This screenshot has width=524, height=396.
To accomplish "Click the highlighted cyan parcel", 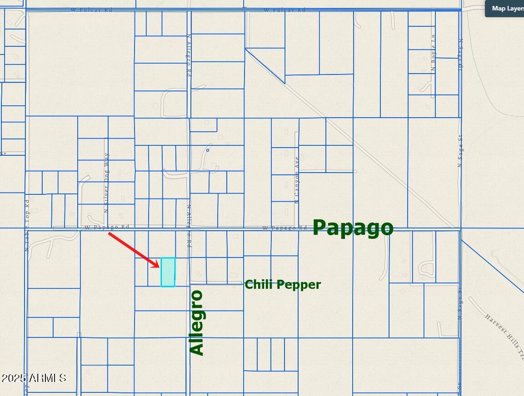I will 168,272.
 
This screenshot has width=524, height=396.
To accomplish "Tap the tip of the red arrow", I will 160,267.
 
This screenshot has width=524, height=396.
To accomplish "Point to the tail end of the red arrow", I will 109,234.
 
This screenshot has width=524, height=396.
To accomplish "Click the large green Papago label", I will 353,228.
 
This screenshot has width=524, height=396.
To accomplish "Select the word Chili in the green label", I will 258,285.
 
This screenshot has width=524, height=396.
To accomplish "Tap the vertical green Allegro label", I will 197,322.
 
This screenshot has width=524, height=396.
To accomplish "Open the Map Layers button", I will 505,9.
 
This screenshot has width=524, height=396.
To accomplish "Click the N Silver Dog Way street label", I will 106,183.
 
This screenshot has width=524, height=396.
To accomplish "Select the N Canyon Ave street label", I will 297,180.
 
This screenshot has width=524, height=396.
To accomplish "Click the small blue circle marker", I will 208,150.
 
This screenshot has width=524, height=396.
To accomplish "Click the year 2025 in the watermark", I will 13,378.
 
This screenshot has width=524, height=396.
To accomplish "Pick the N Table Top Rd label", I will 27,225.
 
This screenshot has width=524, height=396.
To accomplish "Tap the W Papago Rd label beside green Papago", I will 284,228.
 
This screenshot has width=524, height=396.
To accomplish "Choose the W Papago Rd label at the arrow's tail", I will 107,227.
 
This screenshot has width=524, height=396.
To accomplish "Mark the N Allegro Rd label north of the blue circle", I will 189,59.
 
